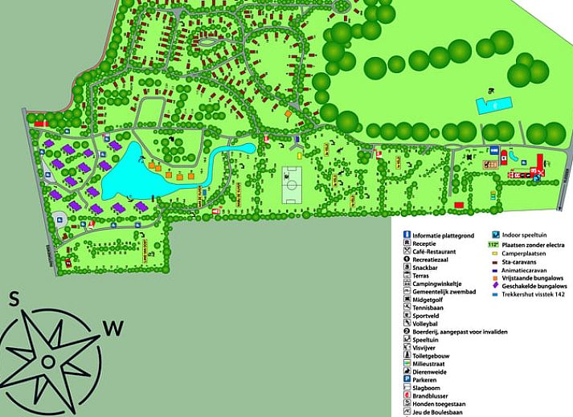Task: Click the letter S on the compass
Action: coord(14,300)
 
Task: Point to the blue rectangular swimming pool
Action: coord(493,104)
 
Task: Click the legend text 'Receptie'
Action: coord(426,243)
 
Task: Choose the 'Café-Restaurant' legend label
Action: coord(436,252)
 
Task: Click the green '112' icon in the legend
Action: coord(493,243)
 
